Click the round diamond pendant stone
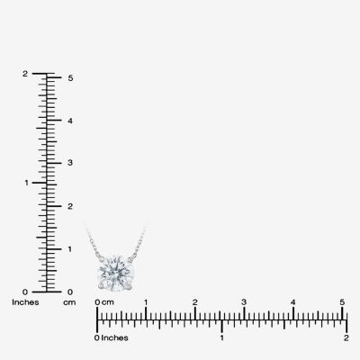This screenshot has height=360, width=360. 116,274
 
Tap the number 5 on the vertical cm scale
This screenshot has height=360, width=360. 70,78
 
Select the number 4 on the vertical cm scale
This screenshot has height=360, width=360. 70,121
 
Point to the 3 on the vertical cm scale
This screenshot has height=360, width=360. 70,163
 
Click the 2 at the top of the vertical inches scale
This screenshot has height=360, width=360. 25,74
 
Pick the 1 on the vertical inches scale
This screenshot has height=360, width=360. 26,183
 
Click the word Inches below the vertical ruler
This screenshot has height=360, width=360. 25,302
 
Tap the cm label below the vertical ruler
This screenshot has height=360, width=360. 69,302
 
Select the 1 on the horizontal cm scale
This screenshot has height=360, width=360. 146,302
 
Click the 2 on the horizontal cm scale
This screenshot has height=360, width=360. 195,302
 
